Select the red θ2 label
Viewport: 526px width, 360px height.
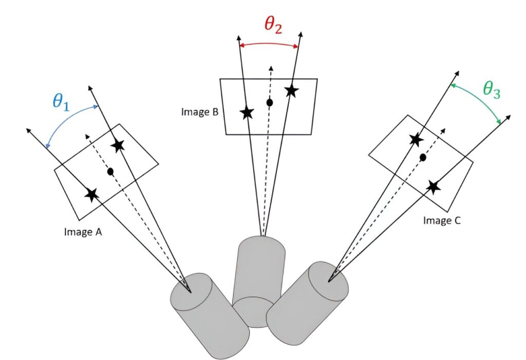[273, 25]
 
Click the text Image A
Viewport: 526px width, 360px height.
[83, 232]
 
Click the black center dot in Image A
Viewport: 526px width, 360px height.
[110, 171]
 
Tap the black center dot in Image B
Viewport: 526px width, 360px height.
[269, 103]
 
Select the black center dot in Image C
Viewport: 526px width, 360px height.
[423, 157]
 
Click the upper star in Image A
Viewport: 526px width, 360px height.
[118, 145]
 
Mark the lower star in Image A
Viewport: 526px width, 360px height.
[92, 194]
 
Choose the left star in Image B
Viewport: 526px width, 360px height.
[247, 112]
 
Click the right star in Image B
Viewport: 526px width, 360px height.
[291, 91]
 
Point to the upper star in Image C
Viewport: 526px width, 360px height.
[416, 139]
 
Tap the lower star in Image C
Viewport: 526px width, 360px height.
[434, 186]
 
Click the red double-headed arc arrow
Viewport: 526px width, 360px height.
[269, 44]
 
